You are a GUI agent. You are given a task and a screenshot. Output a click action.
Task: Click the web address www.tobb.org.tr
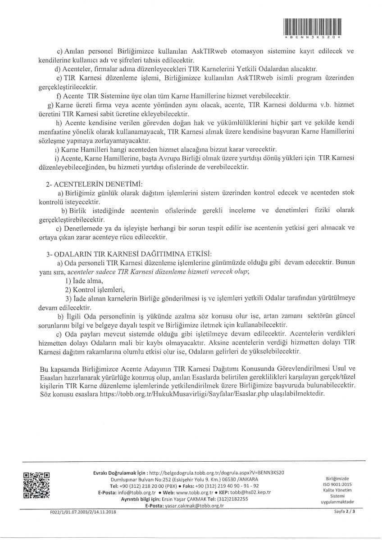click(187, 493)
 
